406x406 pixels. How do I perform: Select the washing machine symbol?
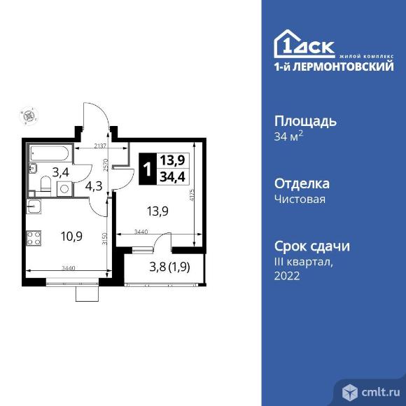[x=64, y=188]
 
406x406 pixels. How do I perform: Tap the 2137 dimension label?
[x=102, y=146]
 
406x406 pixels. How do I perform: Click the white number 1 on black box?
[x=146, y=169]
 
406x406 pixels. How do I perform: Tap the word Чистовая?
[x=300, y=199]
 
